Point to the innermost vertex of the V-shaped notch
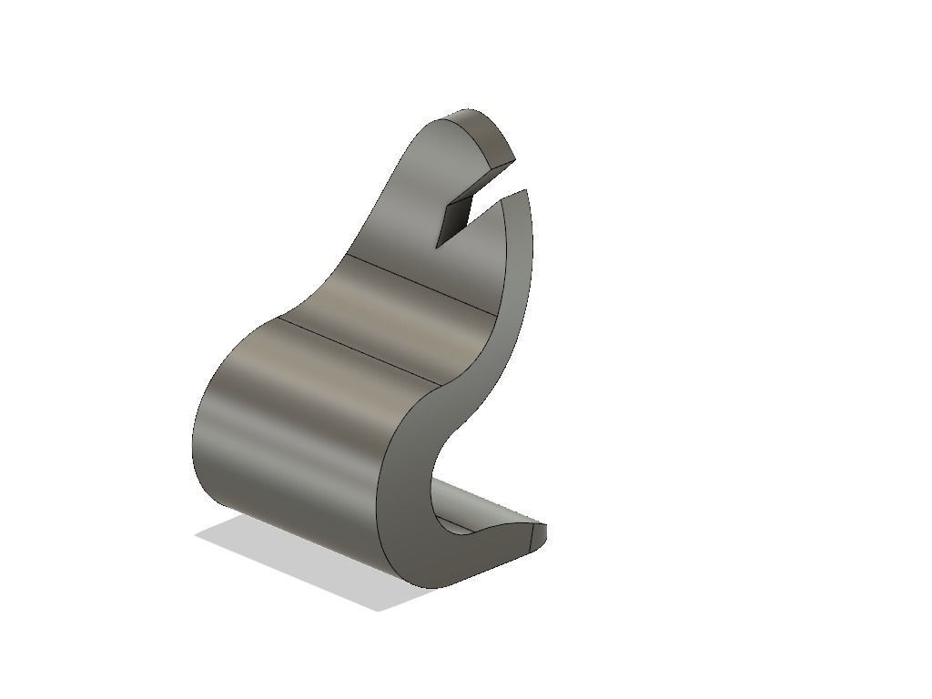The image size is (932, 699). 438,247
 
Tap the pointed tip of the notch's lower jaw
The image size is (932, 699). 527,190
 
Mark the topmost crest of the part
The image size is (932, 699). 469,110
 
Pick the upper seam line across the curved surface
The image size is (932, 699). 423,283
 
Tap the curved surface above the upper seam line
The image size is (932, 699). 410,209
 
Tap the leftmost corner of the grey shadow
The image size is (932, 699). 196,536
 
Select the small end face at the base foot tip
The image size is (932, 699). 538,537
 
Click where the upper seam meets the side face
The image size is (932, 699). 498,315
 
